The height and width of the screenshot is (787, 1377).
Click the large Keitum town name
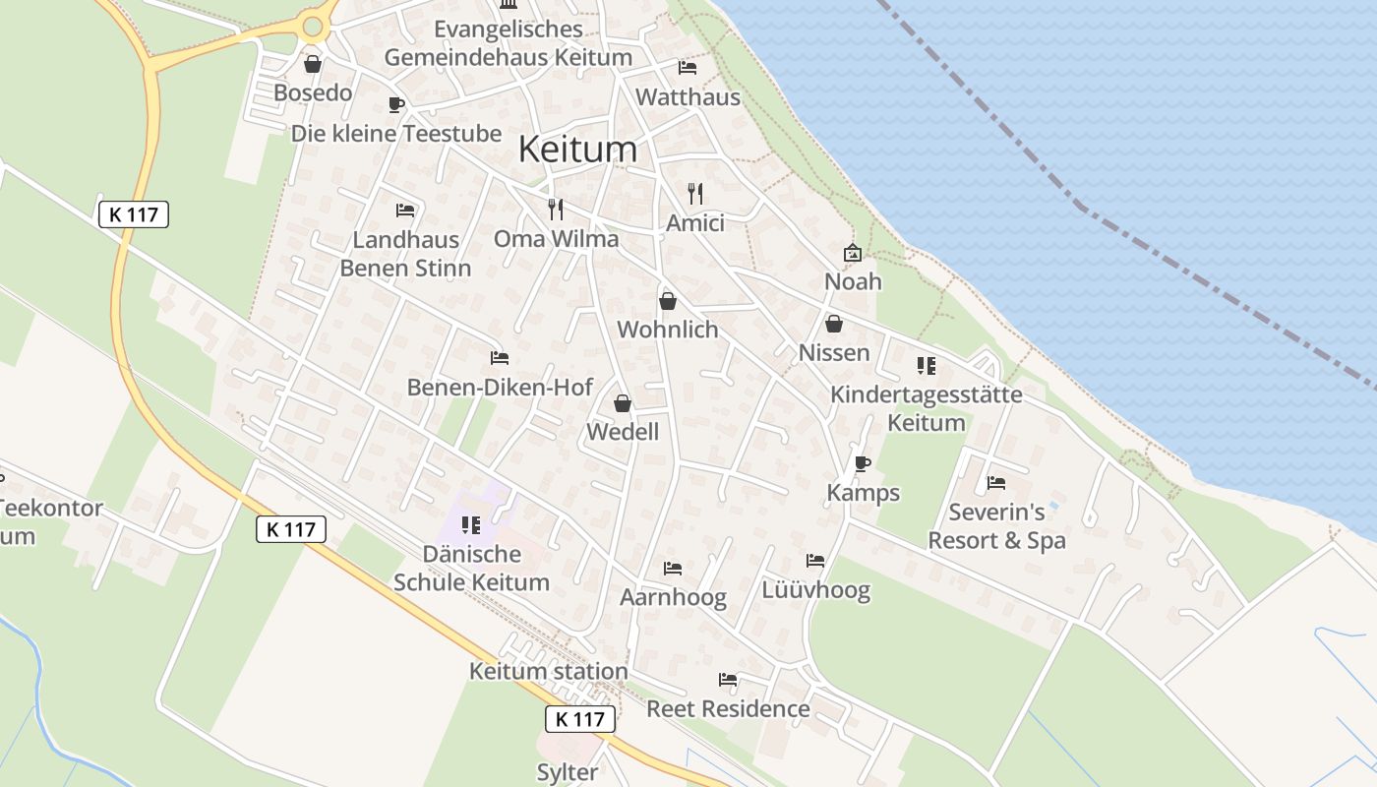(x=577, y=150)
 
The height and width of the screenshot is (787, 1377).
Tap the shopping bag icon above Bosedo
(x=313, y=65)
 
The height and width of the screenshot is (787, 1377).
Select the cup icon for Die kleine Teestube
(x=395, y=104)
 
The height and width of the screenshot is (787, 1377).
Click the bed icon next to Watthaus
(x=688, y=68)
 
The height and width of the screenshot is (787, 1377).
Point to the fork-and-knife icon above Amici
(x=695, y=194)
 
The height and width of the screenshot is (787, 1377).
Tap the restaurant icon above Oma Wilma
(x=556, y=209)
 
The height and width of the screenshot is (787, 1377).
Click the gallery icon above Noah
(x=852, y=253)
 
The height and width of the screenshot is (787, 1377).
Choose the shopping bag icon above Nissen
(x=834, y=324)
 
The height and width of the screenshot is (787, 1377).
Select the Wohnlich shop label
(x=668, y=330)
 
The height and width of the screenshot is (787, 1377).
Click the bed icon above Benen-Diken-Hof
(x=500, y=358)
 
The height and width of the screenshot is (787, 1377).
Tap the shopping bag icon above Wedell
(x=622, y=403)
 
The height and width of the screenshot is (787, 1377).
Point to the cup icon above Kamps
(x=863, y=463)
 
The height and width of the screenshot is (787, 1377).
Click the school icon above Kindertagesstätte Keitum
(x=926, y=366)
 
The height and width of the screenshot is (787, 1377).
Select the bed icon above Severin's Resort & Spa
(x=996, y=483)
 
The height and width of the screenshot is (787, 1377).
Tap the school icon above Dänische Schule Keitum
(x=470, y=525)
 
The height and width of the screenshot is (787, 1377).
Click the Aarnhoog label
(x=673, y=597)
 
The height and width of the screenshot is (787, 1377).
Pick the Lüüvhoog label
(x=815, y=590)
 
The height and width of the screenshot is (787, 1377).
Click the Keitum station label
(x=548, y=672)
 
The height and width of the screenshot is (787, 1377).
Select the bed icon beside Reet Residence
(x=728, y=680)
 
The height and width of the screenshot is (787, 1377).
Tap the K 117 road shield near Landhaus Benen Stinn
(x=134, y=214)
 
